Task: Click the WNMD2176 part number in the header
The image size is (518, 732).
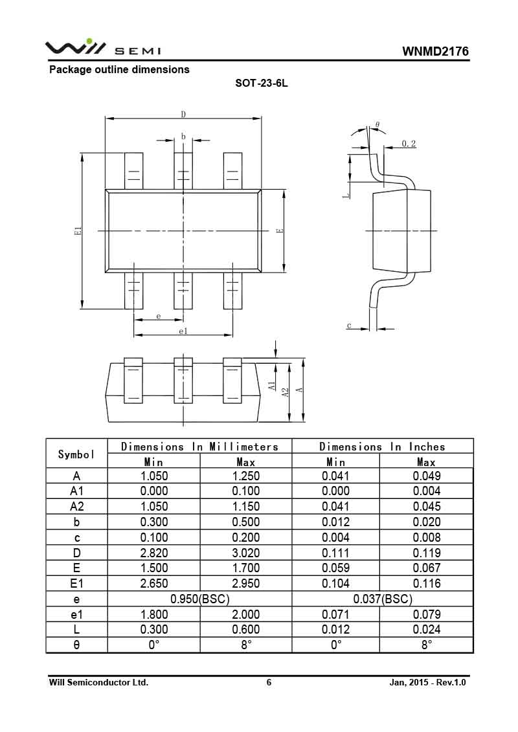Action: click(435, 51)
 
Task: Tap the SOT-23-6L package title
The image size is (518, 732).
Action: click(262, 83)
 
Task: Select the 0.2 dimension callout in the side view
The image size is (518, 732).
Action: click(409, 144)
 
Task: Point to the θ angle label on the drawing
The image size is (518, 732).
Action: click(377, 125)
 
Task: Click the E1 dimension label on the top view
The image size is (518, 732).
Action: click(78, 230)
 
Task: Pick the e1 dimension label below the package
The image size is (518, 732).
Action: click(183, 331)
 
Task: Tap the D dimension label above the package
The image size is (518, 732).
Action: click(183, 114)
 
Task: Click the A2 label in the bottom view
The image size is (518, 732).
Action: click(286, 392)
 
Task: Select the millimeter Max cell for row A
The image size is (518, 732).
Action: click(245, 476)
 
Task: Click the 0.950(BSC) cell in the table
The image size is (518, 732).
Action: click(200, 599)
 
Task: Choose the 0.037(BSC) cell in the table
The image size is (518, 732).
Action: click(383, 599)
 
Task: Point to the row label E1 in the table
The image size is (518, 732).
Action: click(76, 584)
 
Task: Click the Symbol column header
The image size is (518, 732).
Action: click(76, 454)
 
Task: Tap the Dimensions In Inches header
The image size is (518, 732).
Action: click(382, 447)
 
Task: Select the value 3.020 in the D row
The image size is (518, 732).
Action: click(245, 553)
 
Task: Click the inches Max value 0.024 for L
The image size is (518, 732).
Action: click(427, 629)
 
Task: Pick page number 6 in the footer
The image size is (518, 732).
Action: click(269, 683)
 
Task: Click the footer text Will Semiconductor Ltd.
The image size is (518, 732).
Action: click(98, 683)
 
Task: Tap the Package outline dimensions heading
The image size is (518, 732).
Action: click(120, 69)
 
